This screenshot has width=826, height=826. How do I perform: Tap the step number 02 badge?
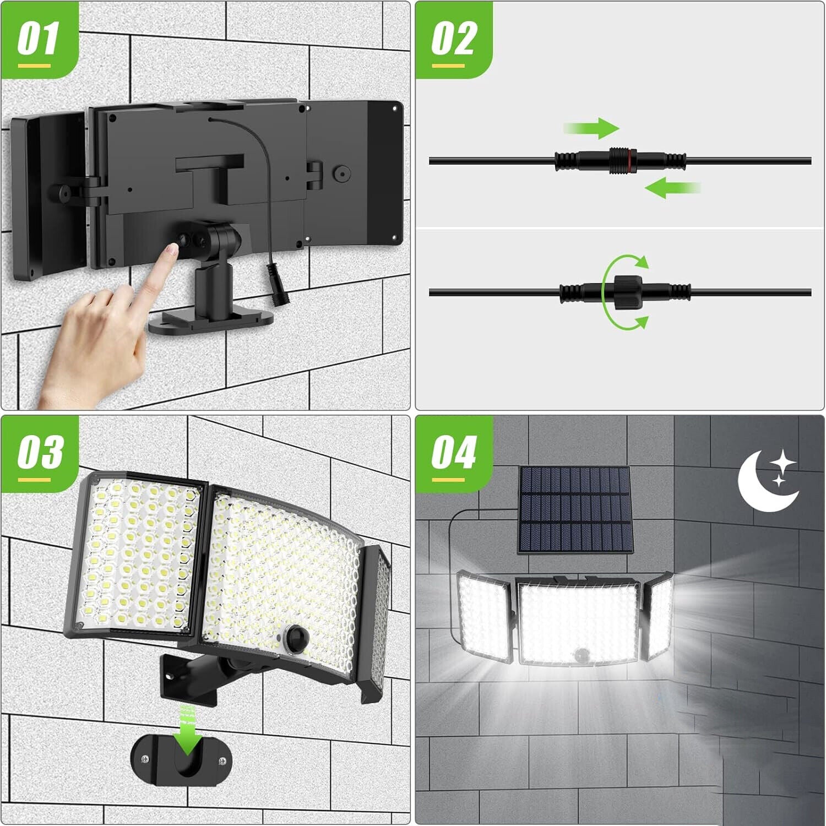tap(453, 41)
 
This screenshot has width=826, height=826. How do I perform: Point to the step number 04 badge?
tap(453, 454)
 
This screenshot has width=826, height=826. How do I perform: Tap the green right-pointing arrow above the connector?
tap(592, 128)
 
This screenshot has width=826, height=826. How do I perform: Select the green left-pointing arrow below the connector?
tap(672, 188)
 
